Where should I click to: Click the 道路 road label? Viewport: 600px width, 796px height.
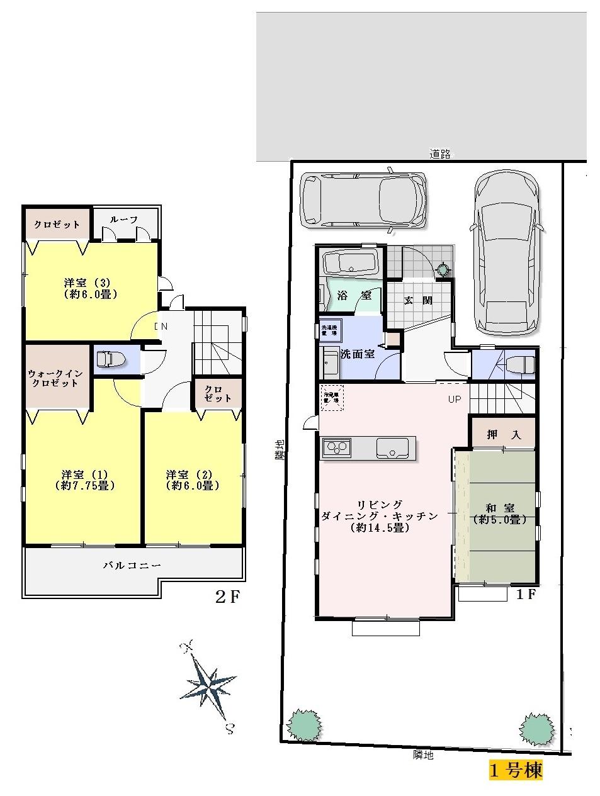click(x=440, y=154)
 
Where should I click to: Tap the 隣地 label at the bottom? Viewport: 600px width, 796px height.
click(x=423, y=755)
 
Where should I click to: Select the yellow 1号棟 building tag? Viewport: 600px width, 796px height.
click(x=516, y=770)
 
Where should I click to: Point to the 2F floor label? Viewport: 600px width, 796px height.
click(x=228, y=597)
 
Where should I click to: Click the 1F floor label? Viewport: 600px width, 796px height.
click(x=526, y=593)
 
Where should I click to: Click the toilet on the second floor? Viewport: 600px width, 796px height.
click(x=110, y=359)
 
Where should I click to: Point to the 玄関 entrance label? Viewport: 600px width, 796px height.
click(x=418, y=300)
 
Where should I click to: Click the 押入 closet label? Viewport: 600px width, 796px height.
click(x=502, y=434)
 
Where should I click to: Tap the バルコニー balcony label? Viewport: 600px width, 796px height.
click(x=132, y=565)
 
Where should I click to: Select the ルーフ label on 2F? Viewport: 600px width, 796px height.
click(x=124, y=220)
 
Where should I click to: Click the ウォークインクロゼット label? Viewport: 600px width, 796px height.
click(x=55, y=378)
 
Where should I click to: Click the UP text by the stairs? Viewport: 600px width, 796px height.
click(x=455, y=399)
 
